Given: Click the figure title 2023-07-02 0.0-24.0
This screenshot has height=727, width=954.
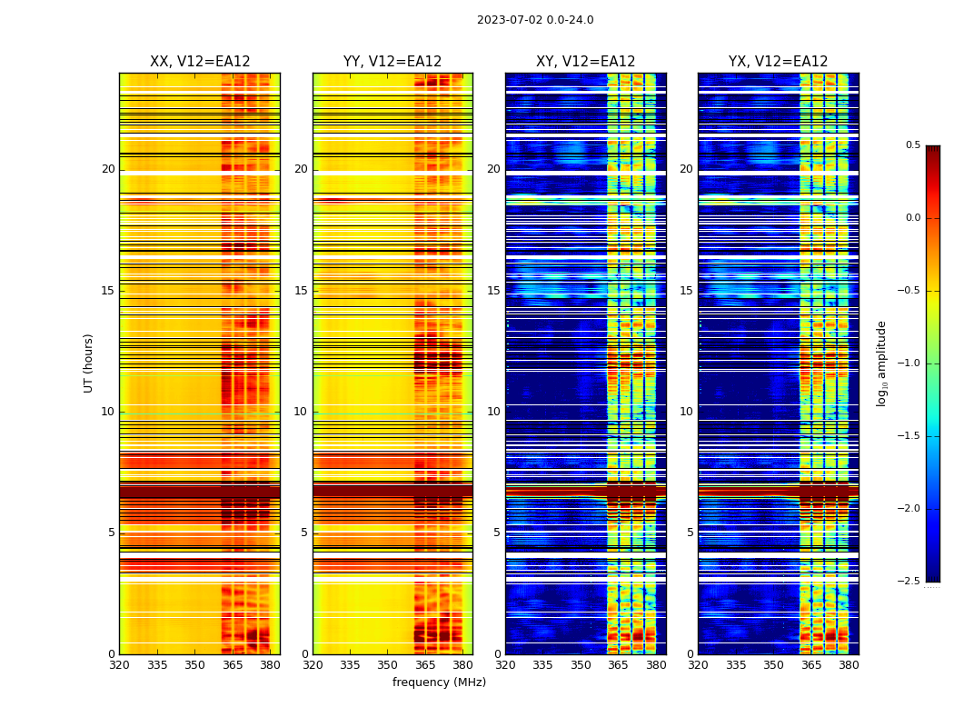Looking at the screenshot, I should coord(535,20).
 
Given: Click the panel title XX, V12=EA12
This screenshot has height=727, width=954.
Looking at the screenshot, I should coord(200,62).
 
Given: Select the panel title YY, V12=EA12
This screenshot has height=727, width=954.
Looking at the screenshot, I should coord(393,62).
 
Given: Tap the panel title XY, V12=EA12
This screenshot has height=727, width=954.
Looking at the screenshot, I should coord(585,62).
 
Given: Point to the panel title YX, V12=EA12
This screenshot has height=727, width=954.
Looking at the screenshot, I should coord(778,62).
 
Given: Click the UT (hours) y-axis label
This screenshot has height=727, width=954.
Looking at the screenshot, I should coord(88,363).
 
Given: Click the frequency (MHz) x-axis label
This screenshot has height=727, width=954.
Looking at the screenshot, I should coord(439,682).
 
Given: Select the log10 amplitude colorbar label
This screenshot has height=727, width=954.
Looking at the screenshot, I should coord(881,363).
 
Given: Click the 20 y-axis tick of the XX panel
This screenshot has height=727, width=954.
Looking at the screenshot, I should coord(108,169).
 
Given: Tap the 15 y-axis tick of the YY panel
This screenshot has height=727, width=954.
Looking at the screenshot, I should coord(301,291).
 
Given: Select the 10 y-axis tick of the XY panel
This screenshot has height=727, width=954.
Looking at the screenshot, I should coord(493,412).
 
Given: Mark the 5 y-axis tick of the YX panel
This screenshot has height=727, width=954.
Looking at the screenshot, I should coord(690,533).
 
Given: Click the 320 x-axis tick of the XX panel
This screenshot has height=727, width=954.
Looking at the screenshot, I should coord(119,665).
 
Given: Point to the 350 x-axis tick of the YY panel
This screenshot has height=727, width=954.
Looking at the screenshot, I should coord(387,665).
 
